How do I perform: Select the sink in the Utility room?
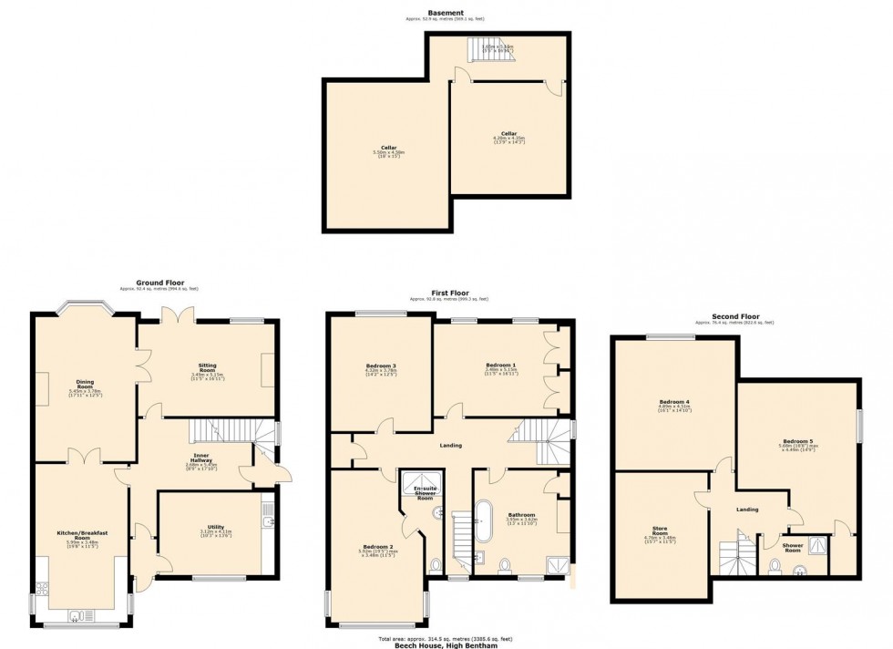pos(267,521)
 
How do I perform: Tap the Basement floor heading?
pos(446,13)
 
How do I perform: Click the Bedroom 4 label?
pos(673,401)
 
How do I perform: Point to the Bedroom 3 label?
pos(380,366)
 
